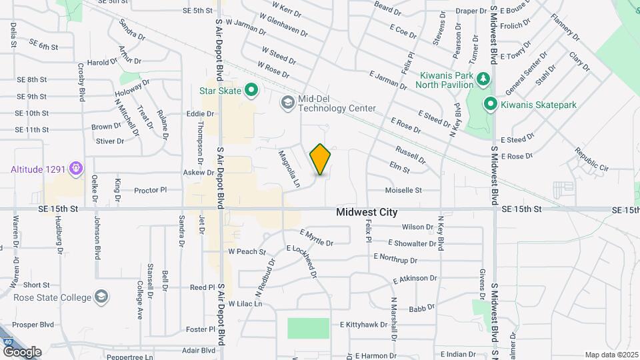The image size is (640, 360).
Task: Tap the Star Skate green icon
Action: pos(251,89)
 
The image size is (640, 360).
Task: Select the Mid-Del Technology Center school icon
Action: pos(287,102)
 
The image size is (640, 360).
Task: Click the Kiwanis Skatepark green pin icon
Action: pos(490,104)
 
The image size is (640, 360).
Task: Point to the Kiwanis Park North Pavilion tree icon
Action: pos(484,79)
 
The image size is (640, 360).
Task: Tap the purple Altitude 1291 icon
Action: pos(76,168)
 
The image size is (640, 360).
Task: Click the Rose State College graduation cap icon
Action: pos(102,296)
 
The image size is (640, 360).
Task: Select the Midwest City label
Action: pos(367,213)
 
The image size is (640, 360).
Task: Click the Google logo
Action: pos(22,351)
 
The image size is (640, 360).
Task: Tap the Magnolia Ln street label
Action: pos(289,168)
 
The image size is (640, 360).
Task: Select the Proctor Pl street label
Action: pos(150,191)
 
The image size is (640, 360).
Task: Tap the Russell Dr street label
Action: pos(410,155)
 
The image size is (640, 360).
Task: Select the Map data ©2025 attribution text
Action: pos(611,355)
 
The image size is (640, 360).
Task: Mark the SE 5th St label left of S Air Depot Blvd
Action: pos(197,11)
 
